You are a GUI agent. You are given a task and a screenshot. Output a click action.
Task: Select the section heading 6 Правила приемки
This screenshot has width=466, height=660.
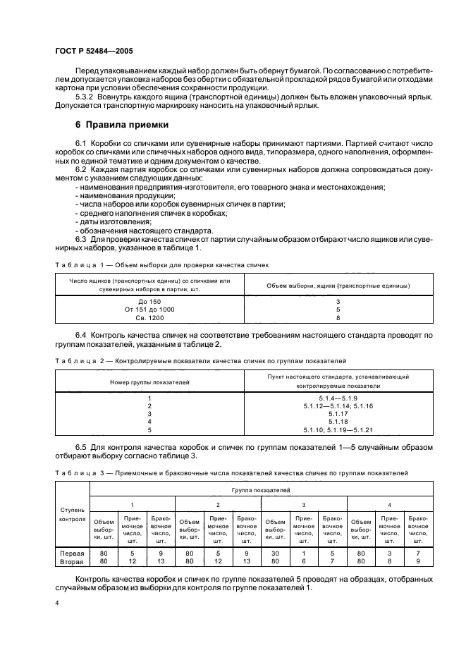coord(121,125)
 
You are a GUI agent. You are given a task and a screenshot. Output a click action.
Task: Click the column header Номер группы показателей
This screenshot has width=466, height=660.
coord(149,381)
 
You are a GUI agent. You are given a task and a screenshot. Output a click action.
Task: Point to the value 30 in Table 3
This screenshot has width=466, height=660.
coord(274,554)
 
